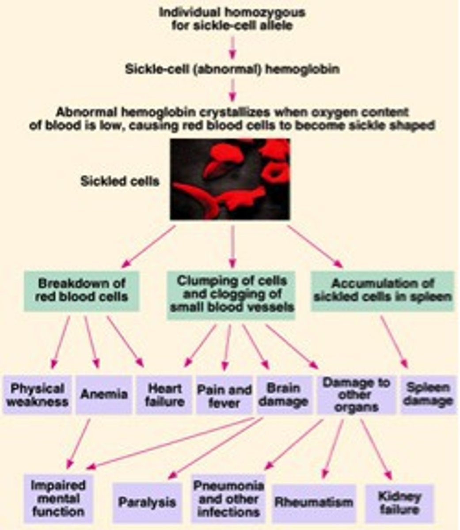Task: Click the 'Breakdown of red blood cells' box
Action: (82, 290)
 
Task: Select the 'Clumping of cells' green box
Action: (232, 293)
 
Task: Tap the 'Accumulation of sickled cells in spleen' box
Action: (382, 290)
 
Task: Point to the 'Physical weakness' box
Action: (38, 395)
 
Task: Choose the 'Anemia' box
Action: (104, 394)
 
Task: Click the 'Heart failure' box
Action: (164, 395)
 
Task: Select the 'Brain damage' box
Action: (283, 395)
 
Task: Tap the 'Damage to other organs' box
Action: (356, 394)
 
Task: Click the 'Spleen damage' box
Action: (428, 394)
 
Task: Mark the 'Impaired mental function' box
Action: (58, 498)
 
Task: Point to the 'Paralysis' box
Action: (147, 502)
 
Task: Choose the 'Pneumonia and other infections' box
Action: (228, 498)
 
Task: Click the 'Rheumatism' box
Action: (314, 502)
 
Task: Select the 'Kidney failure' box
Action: (399, 503)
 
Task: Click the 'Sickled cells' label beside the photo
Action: (119, 181)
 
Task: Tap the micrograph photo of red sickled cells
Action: (230, 179)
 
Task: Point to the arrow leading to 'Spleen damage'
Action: (393, 342)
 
